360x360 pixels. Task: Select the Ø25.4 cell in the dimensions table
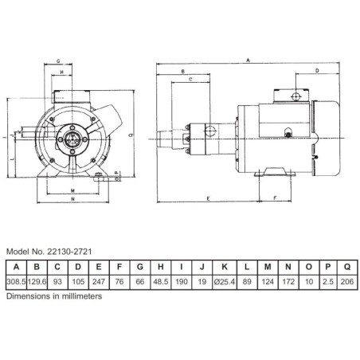tap(227, 280)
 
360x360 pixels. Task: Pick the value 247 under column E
tap(99, 280)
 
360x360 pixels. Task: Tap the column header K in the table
tap(227, 267)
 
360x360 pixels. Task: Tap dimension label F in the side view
tap(275, 196)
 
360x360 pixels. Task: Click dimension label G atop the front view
tap(61, 61)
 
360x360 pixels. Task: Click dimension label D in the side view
tap(317, 72)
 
